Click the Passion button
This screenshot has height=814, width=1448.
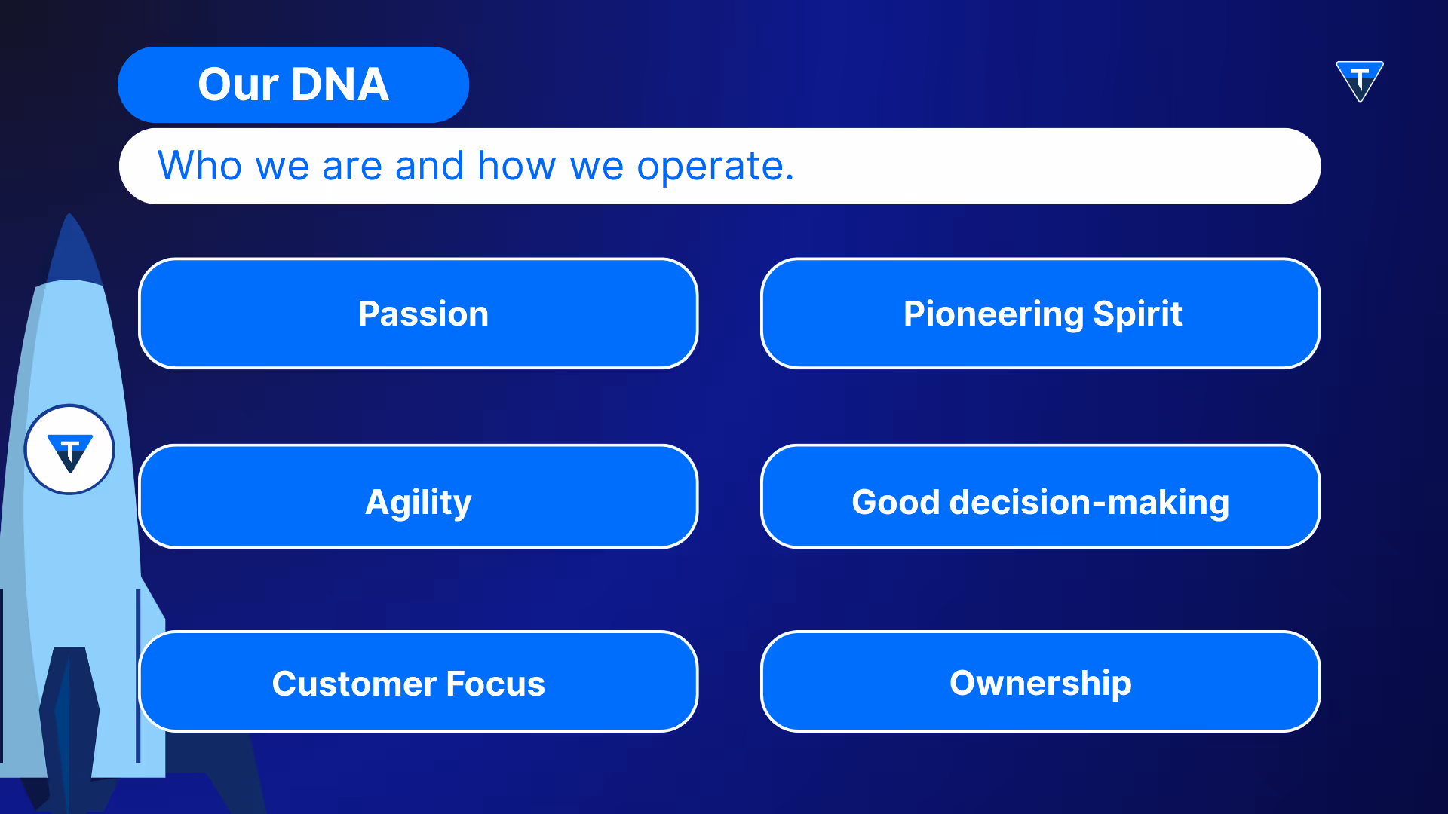click(419, 314)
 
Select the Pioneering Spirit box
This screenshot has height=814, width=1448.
click(1041, 314)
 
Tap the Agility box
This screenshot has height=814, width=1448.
click(419, 497)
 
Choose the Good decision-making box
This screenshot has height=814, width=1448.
click(1041, 497)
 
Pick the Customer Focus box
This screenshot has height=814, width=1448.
click(419, 681)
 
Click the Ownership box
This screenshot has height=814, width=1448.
click(1041, 681)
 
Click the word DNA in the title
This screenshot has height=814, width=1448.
click(340, 84)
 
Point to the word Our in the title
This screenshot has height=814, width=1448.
click(238, 84)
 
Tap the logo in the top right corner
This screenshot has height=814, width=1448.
click(1360, 81)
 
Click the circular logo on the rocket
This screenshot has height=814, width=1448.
click(69, 450)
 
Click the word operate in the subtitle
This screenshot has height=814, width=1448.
click(715, 167)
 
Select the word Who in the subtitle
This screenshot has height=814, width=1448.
click(200, 165)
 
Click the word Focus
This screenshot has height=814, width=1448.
click(495, 684)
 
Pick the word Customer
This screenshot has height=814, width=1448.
click(354, 684)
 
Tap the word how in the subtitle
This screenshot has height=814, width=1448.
click(517, 165)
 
